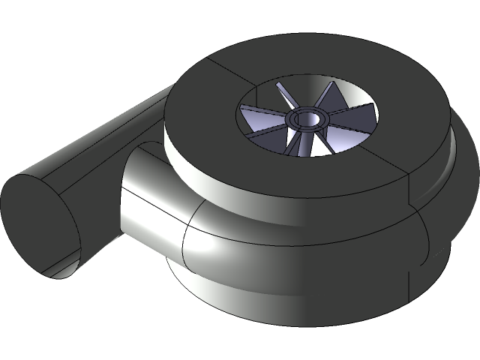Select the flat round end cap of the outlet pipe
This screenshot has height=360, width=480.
[37, 225]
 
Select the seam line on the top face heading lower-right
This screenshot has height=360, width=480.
[390, 165]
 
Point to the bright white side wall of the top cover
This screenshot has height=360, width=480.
[225, 184]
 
